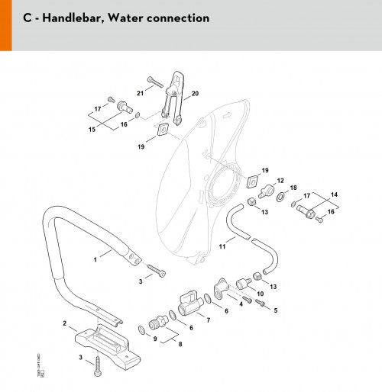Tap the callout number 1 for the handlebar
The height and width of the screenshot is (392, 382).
[95, 260]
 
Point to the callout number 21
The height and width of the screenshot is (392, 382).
[140, 93]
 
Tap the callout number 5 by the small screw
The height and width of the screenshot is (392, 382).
[276, 310]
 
